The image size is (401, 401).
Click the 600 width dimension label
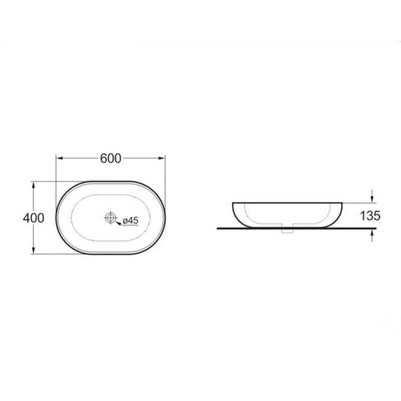click(x=110, y=159)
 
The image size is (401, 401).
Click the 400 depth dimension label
click(x=33, y=218)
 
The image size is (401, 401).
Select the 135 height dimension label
click(x=370, y=216)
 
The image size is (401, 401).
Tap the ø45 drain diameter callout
click(x=131, y=221)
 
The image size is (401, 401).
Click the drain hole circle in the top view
click(x=110, y=218)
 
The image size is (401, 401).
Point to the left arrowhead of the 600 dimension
click(x=60, y=158)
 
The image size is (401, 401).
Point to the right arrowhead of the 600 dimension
click(x=162, y=158)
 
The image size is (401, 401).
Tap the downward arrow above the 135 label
click(x=372, y=196)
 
